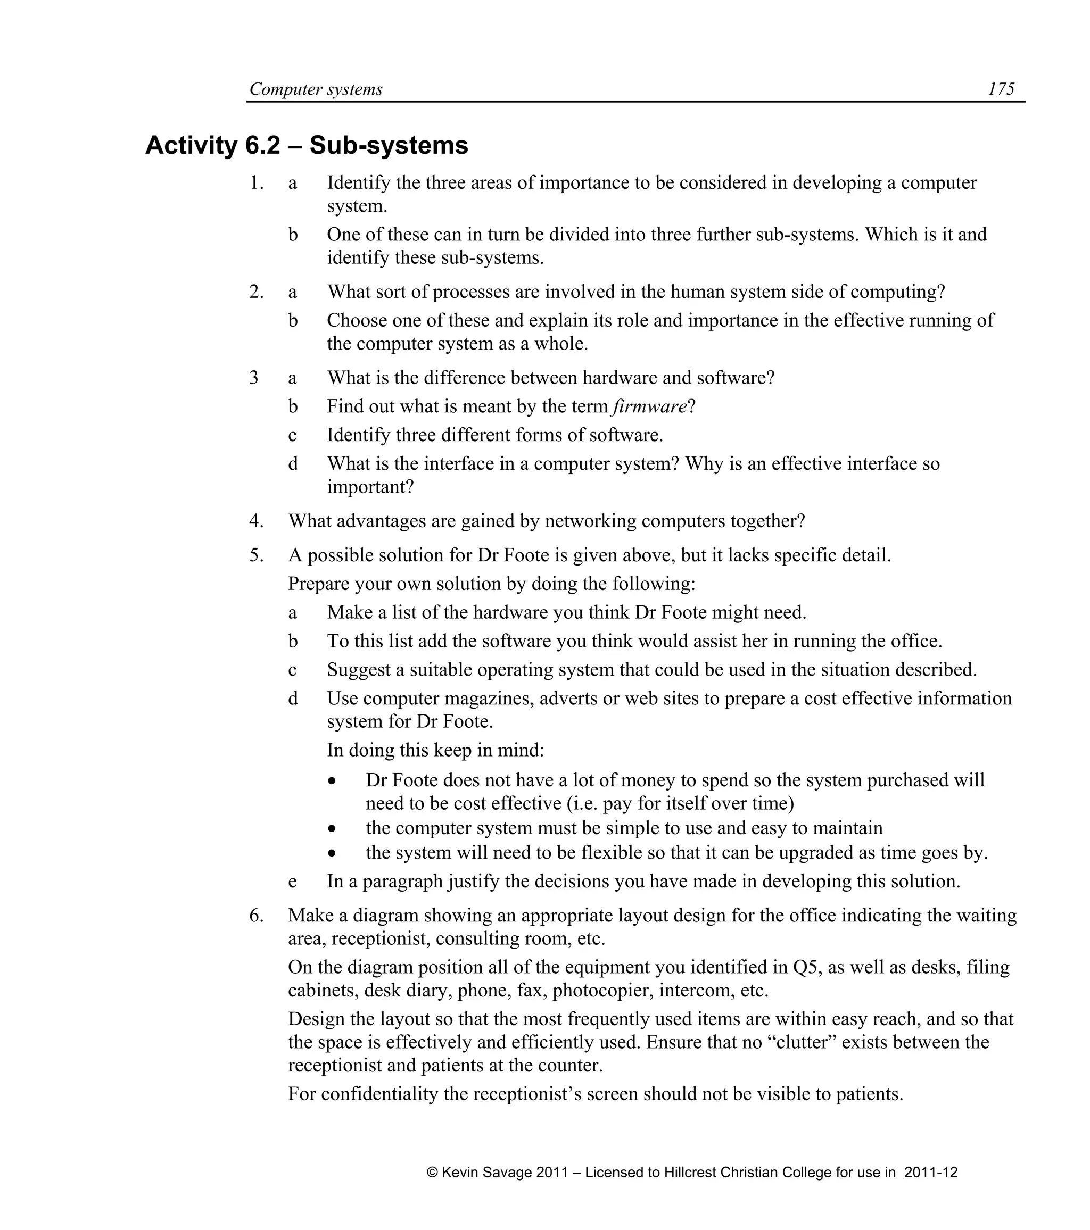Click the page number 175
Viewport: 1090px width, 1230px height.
click(1001, 89)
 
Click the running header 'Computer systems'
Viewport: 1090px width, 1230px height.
click(316, 89)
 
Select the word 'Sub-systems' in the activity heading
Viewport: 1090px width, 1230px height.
click(389, 146)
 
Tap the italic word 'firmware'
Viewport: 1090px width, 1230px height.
click(649, 406)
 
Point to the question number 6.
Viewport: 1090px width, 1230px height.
click(256, 915)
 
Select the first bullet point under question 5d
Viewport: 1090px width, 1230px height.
click(332, 781)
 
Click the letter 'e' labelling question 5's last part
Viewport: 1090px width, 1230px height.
click(293, 882)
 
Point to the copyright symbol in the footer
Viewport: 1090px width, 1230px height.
click(432, 1172)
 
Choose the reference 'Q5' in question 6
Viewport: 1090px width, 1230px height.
click(806, 967)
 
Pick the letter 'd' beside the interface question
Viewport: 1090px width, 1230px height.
click(293, 464)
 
